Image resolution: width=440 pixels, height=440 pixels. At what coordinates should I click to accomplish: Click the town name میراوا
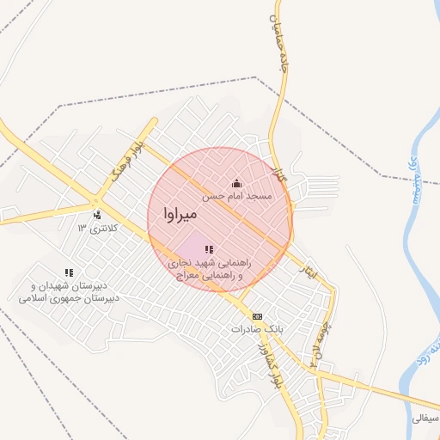pyautogui.click(x=180, y=212)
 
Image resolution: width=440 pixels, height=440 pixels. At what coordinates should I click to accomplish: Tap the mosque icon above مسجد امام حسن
pyautogui.click(x=236, y=183)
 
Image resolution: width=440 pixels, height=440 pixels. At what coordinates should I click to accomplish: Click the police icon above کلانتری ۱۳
pyautogui.click(x=97, y=215)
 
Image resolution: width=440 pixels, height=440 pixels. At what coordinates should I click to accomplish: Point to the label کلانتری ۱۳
pyautogui.click(x=95, y=228)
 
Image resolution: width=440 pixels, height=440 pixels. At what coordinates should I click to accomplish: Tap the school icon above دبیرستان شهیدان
pyautogui.click(x=69, y=272)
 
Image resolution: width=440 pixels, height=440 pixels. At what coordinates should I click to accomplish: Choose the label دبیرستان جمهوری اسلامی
pyautogui.click(x=69, y=298)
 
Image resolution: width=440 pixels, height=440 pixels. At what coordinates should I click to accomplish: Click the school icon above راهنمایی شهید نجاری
pyautogui.click(x=210, y=249)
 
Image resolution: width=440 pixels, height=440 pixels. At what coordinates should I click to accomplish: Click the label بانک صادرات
pyautogui.click(x=257, y=329)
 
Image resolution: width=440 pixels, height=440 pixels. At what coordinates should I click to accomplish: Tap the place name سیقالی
pyautogui.click(x=425, y=419)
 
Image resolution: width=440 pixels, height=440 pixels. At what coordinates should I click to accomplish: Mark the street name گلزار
pyautogui.click(x=278, y=174)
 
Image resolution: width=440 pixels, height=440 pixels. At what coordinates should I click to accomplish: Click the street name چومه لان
pyautogui.click(x=320, y=341)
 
